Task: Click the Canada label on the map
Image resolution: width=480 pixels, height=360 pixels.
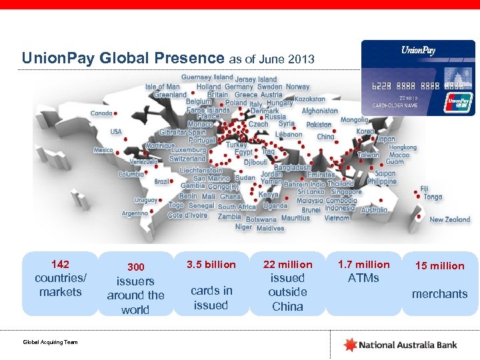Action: (101, 113)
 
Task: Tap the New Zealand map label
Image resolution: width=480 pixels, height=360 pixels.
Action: (449, 219)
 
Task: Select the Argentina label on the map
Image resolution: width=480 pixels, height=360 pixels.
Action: (135, 214)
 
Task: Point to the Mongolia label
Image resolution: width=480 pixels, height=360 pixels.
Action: (354, 120)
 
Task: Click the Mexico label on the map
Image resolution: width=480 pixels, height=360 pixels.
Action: (103, 150)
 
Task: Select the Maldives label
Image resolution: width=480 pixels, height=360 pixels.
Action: (270, 228)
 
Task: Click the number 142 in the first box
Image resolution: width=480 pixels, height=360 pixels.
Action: (60, 264)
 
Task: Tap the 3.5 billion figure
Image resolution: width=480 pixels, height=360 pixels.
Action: (211, 265)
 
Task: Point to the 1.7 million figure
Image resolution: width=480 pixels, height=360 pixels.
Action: (364, 265)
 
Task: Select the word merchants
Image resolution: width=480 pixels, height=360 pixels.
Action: (440, 294)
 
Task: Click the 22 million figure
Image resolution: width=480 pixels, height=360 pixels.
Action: (287, 265)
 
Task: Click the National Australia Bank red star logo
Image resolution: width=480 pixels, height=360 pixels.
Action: (350, 345)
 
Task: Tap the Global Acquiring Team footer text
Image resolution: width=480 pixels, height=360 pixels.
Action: (51, 342)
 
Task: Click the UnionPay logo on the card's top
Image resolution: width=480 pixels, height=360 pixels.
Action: (418, 51)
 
